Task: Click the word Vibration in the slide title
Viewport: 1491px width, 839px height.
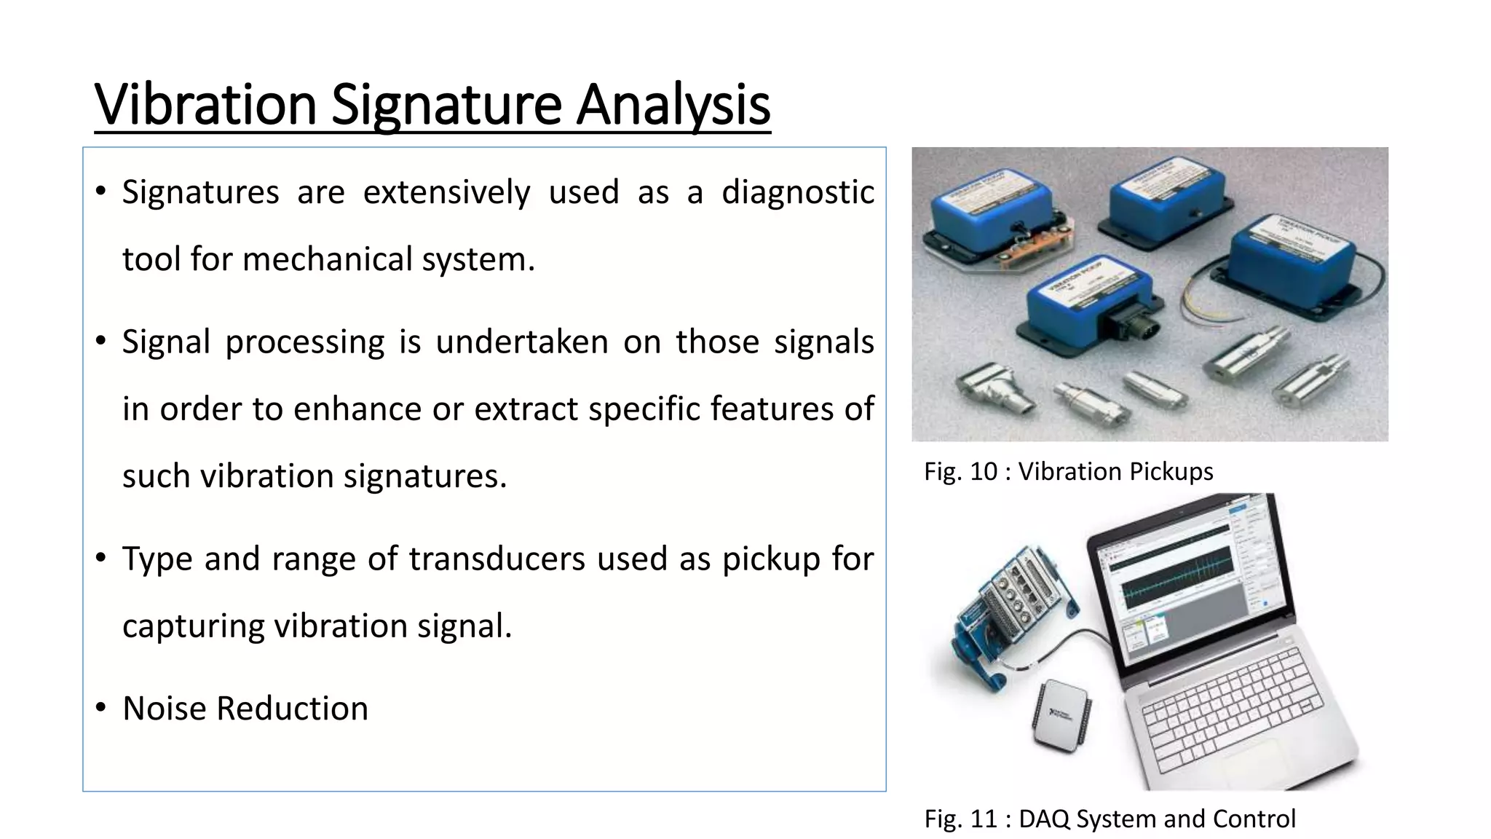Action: pyautogui.click(x=205, y=104)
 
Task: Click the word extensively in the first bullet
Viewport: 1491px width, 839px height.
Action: pyautogui.click(x=446, y=192)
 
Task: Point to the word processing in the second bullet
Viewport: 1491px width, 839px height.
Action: pyautogui.click(x=304, y=342)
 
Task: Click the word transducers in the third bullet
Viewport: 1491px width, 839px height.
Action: pyautogui.click(x=497, y=559)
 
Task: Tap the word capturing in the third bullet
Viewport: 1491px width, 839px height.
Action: pyautogui.click(x=193, y=626)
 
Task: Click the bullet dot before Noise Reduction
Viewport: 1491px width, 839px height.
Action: pyautogui.click(x=101, y=707)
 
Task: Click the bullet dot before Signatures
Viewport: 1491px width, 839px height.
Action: pyautogui.click(x=101, y=192)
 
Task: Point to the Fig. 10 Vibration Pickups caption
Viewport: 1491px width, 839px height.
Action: pyautogui.click(x=1068, y=471)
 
